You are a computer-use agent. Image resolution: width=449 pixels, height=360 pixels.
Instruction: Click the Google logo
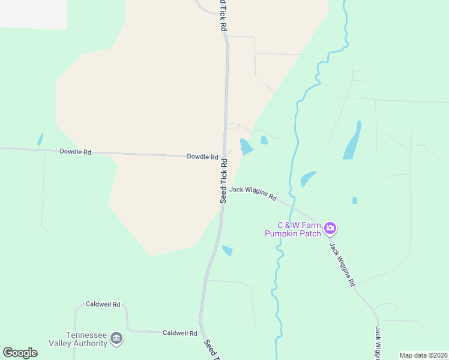20,353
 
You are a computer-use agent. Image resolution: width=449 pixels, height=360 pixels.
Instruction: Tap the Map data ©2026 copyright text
423,355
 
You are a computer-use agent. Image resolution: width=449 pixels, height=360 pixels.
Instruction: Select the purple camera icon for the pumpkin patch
330,228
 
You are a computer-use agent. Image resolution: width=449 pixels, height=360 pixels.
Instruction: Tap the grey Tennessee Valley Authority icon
117,339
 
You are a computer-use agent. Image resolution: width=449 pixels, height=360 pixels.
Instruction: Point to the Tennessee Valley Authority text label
86,339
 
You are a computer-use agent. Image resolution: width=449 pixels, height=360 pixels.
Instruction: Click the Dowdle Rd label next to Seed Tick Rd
202,157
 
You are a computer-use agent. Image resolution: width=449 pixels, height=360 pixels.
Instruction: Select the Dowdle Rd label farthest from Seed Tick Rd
75,152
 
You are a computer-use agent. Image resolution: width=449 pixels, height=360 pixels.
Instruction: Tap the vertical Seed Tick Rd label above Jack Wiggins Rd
223,181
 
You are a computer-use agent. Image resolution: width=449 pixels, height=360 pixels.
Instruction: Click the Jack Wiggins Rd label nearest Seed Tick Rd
253,193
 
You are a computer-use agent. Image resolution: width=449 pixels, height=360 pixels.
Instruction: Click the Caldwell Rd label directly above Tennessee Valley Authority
103,304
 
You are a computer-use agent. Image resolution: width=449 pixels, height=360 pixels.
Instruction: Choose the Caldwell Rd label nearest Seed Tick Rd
180,332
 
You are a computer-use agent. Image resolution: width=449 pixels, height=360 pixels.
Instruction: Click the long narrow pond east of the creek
352,140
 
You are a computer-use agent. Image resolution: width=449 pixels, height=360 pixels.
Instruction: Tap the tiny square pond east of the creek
354,200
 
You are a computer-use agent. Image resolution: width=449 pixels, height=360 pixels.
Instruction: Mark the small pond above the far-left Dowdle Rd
40,139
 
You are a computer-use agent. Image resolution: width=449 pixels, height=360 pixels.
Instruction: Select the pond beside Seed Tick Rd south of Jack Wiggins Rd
227,250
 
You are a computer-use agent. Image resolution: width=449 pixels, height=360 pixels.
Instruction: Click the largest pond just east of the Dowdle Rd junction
246,146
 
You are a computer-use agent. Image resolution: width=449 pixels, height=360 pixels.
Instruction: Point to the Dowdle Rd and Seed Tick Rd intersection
225,156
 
